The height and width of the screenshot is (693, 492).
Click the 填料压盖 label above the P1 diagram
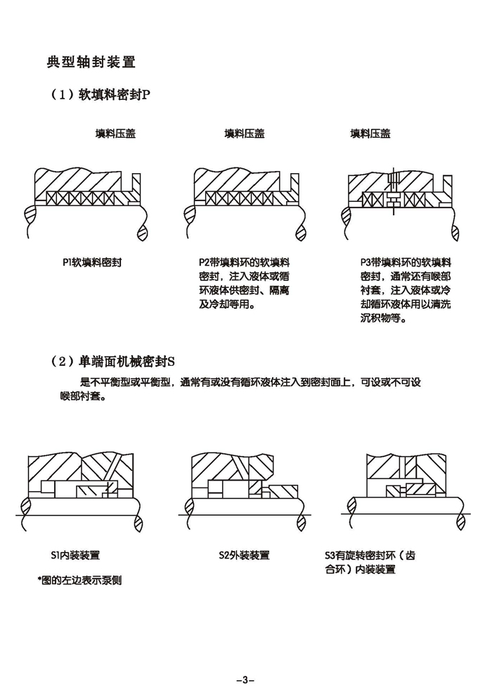pos(115,134)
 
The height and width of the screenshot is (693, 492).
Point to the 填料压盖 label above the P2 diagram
pos(245,134)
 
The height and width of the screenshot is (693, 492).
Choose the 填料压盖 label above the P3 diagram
pos(370,134)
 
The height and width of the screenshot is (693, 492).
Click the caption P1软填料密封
pos(92,262)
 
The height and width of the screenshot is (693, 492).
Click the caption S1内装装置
pos(80,555)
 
